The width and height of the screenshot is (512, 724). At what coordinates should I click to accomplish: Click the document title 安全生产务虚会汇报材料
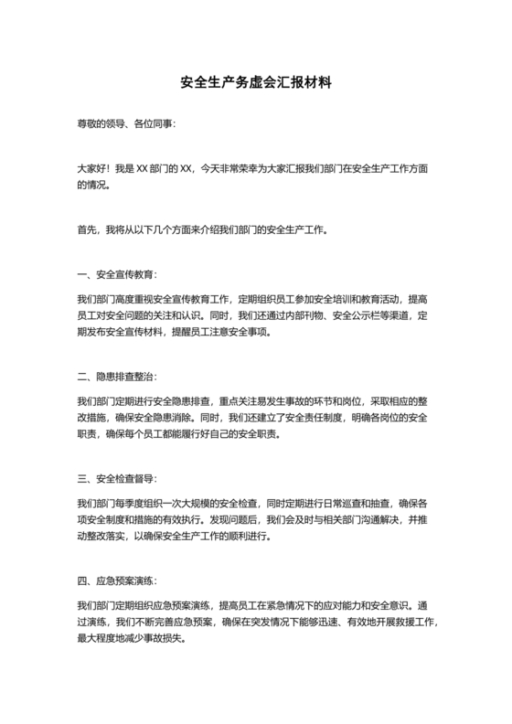click(255, 82)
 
